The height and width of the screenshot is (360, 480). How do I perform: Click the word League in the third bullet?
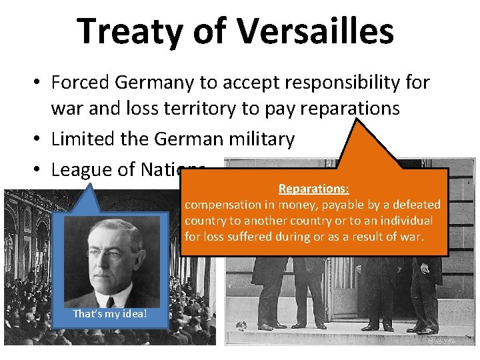pos(87,169)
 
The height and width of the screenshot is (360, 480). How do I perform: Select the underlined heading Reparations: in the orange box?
pos(311,189)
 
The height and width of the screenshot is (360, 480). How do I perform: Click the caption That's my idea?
pos(110,313)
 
